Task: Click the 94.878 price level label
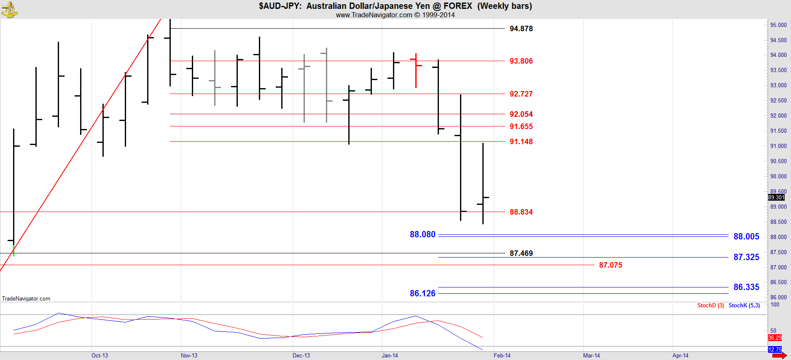[521, 29]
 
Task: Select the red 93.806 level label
[521, 61]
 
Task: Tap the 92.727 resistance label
[521, 94]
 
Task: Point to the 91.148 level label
[521, 142]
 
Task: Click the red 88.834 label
[521, 212]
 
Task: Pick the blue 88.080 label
[422, 234]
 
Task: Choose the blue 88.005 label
[746, 236]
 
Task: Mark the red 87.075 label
[611, 265]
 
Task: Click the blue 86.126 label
[422, 293]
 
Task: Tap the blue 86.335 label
[746, 287]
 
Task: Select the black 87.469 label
[521, 253]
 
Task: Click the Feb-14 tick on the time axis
[502, 355]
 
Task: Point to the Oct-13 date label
[100, 355]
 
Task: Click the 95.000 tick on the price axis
[778, 25]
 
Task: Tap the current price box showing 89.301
[776, 197]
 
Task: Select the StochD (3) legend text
[710, 306]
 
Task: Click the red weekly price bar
[416, 70]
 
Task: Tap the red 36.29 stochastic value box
[775, 338]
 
